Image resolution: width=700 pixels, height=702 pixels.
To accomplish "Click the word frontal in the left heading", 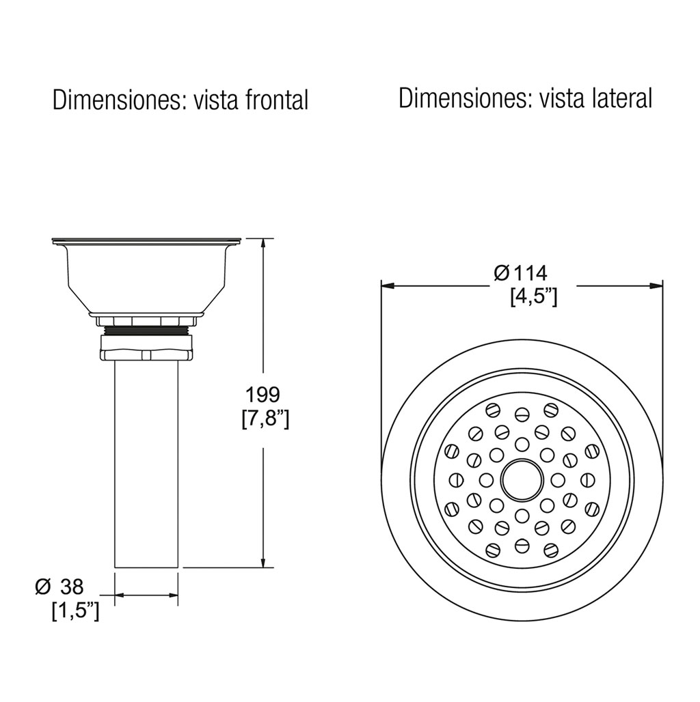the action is point(276,100).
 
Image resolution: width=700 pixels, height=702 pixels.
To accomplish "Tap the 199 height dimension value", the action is point(262,395).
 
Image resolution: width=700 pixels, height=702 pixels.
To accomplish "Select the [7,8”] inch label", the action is point(265,419).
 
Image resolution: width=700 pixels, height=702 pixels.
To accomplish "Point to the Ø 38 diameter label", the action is point(59,586).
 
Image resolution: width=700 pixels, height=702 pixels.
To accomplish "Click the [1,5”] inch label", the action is point(75,611).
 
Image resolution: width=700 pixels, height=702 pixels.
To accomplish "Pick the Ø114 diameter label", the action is point(520,272).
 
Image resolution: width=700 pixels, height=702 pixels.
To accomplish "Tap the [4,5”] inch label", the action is point(533,296).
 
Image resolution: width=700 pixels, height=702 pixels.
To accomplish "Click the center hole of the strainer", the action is point(522,480).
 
